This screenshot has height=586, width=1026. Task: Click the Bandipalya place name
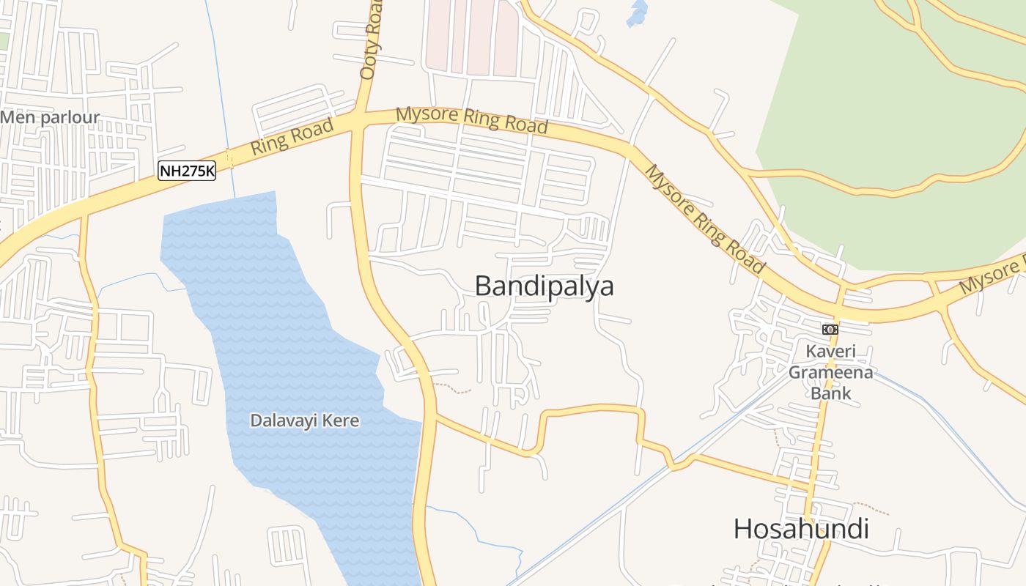coord(544,286)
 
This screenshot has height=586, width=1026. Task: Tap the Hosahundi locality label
coord(801,528)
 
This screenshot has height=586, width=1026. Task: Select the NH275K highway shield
coord(187,171)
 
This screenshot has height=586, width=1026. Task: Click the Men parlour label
coord(50,118)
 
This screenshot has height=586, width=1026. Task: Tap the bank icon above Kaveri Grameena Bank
coord(830,330)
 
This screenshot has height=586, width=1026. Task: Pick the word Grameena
coord(830,372)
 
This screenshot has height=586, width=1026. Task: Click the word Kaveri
coord(830,351)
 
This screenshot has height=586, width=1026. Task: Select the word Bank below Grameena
coord(830,393)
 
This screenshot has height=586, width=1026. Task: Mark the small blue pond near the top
coord(637,13)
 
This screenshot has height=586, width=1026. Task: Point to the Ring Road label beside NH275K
coord(292,136)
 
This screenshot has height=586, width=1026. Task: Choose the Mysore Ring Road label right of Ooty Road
coord(472,119)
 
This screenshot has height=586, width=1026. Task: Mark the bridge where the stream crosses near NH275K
coord(229,158)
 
